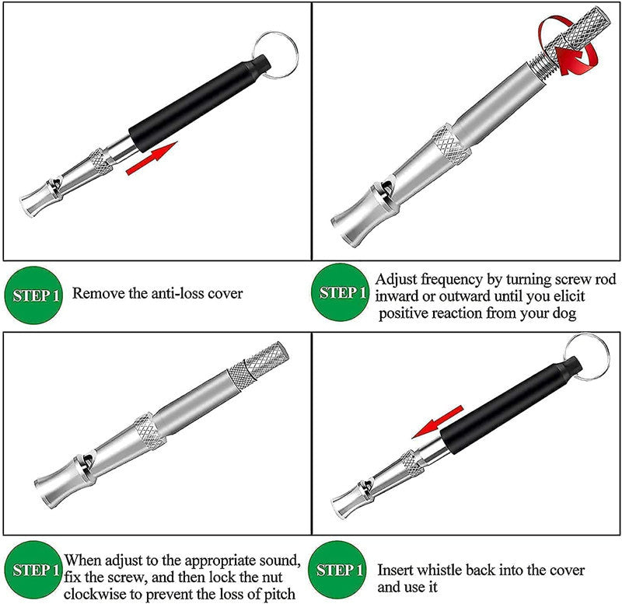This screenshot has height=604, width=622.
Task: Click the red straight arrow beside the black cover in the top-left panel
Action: (152, 159)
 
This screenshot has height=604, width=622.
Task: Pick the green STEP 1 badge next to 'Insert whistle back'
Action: (341, 571)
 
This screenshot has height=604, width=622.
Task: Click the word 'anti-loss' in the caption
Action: (160, 294)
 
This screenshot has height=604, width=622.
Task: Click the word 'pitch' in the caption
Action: (276, 595)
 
